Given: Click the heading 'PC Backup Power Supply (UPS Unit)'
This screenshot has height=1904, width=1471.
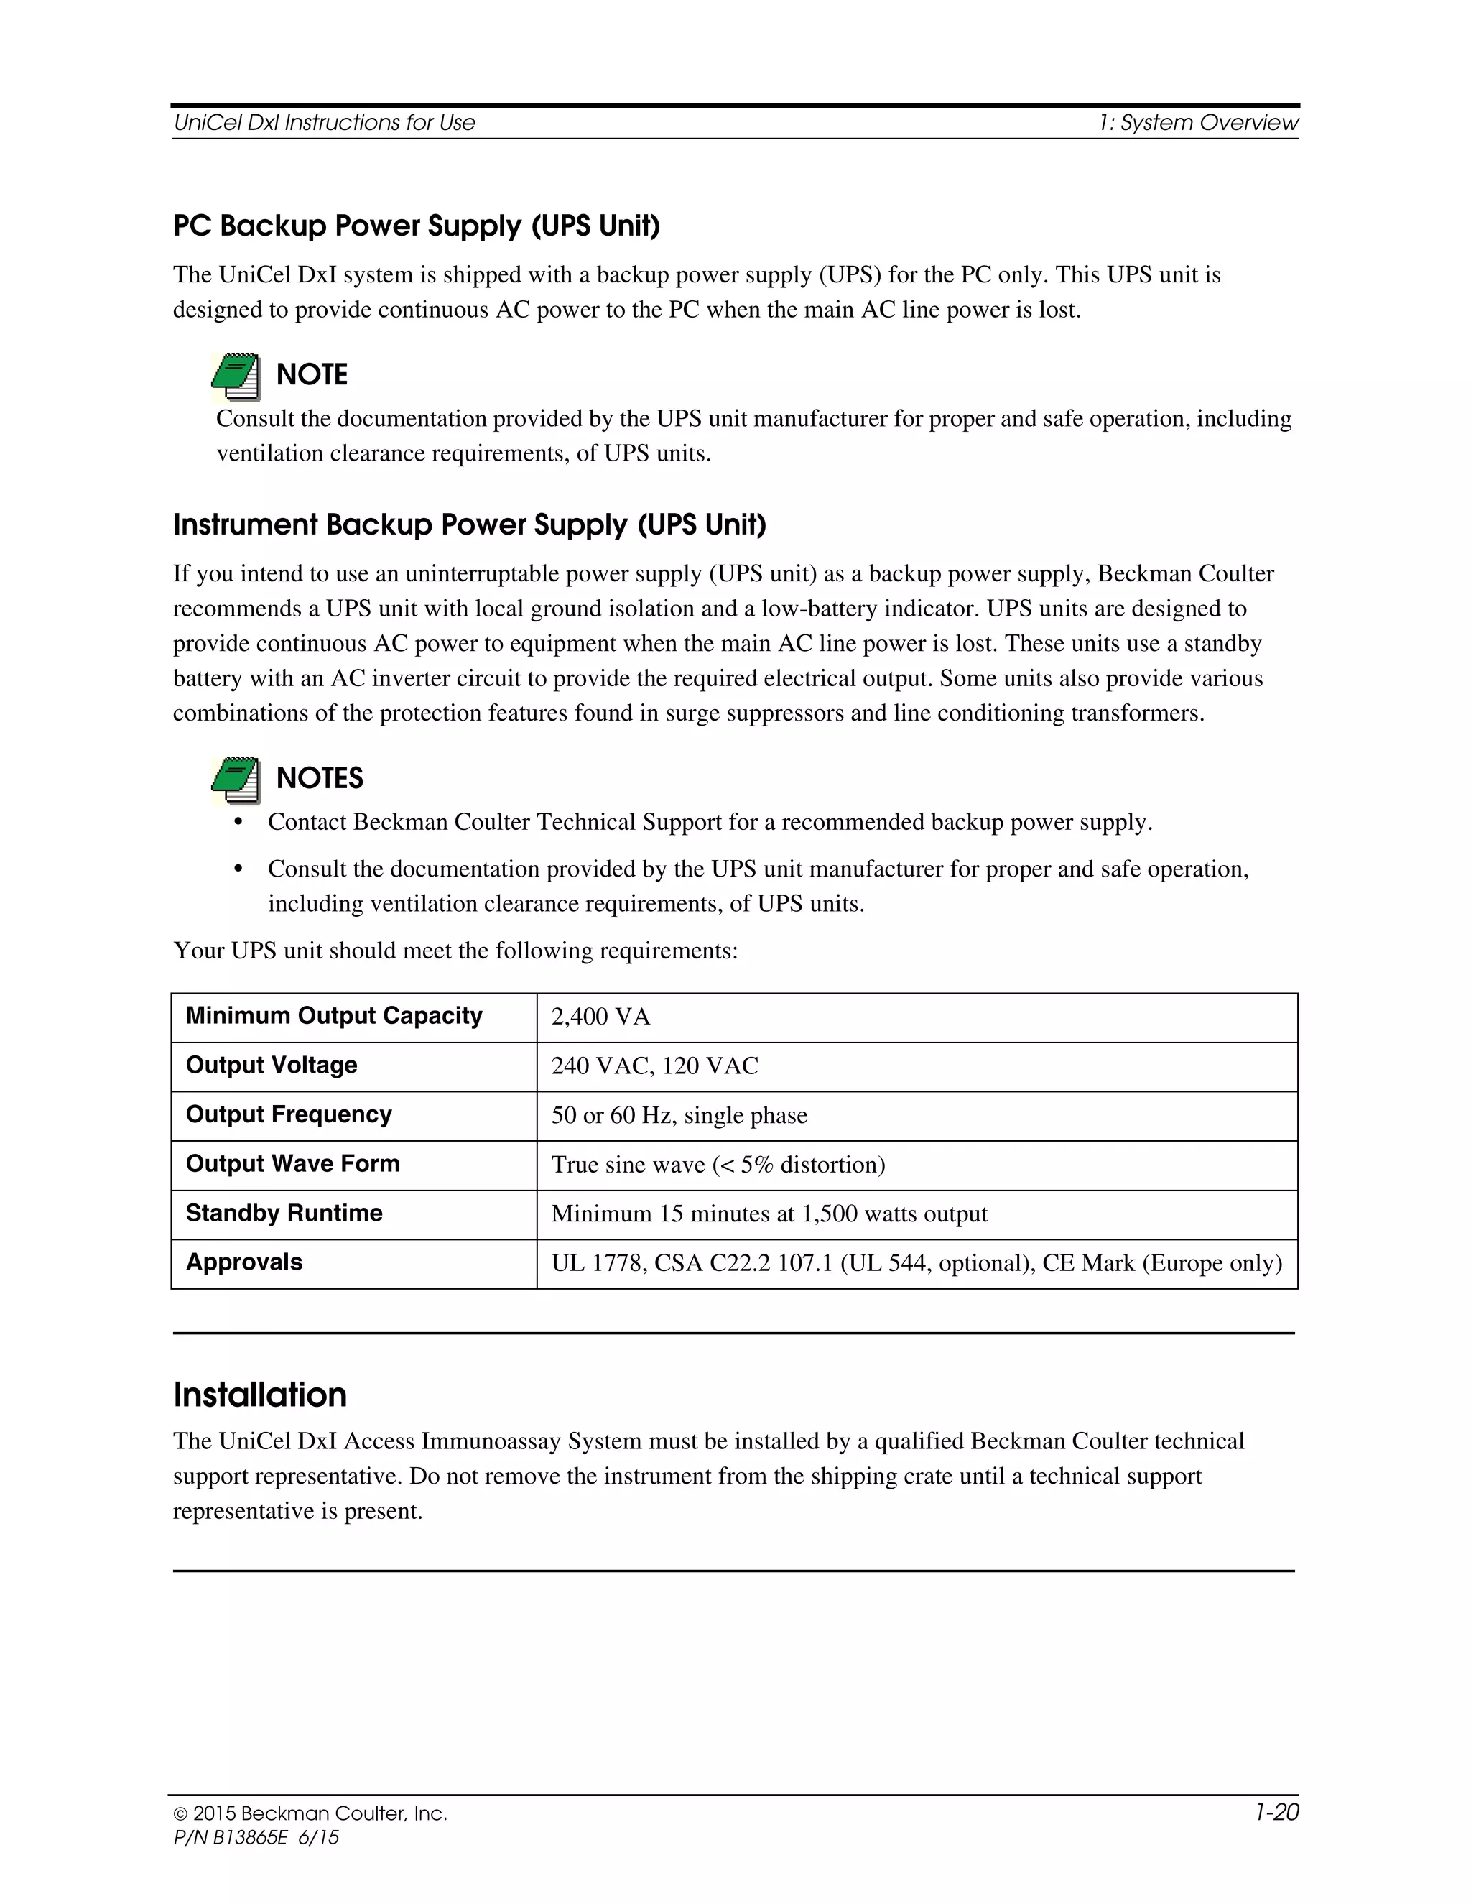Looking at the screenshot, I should (x=417, y=226).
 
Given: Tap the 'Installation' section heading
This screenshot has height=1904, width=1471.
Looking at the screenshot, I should (x=260, y=1395).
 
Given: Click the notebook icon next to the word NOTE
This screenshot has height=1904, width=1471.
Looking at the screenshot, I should (x=236, y=376).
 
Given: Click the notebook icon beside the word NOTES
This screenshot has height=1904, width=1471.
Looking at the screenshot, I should (x=236, y=780).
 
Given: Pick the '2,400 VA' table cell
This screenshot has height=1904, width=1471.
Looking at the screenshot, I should (x=600, y=1017).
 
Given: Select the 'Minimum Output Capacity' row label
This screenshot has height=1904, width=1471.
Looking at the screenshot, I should (x=334, y=1017).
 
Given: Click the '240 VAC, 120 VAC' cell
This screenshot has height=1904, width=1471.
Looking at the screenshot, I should (x=654, y=1066).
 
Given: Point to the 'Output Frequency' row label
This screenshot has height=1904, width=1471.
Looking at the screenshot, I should (x=289, y=1115).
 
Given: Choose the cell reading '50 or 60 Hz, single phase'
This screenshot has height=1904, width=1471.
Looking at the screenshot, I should (x=679, y=1116).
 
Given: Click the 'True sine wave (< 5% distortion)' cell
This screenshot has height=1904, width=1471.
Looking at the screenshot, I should (x=718, y=1165).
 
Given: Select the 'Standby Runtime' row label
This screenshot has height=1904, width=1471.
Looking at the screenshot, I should (x=284, y=1214).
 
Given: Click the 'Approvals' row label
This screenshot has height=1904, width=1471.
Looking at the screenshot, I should (x=244, y=1262).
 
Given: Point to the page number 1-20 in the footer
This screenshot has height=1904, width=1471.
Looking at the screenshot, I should (x=1276, y=1813).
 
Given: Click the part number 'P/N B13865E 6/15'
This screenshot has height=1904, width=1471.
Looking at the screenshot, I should (x=256, y=1838).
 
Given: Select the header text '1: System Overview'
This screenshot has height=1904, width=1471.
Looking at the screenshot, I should (x=1198, y=123).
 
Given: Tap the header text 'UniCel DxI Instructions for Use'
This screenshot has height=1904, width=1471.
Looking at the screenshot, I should (x=324, y=123).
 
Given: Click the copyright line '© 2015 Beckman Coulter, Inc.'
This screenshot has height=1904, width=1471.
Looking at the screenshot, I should (x=310, y=1814).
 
